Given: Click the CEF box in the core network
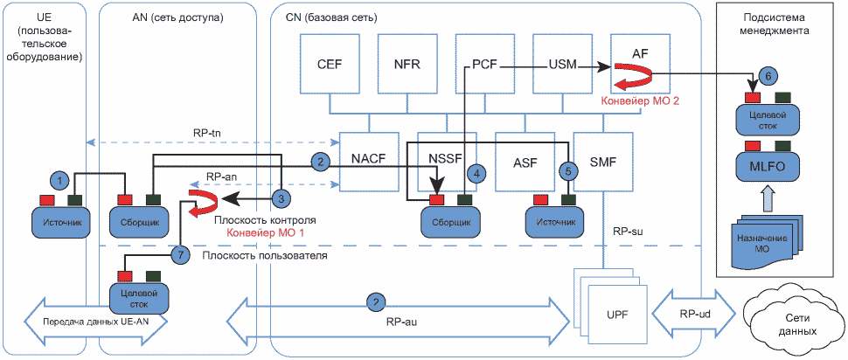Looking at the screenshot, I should (x=329, y=65).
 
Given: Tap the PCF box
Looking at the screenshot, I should (x=484, y=65).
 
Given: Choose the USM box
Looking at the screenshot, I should (x=561, y=65).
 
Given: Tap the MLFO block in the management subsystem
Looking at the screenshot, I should (x=766, y=166).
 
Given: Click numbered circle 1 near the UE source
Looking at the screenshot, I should (x=59, y=180).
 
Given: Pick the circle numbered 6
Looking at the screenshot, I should (x=767, y=75).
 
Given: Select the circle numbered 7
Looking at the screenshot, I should (x=180, y=255).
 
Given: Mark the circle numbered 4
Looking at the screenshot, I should (x=476, y=173).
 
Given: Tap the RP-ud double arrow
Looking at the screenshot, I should (x=695, y=312).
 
